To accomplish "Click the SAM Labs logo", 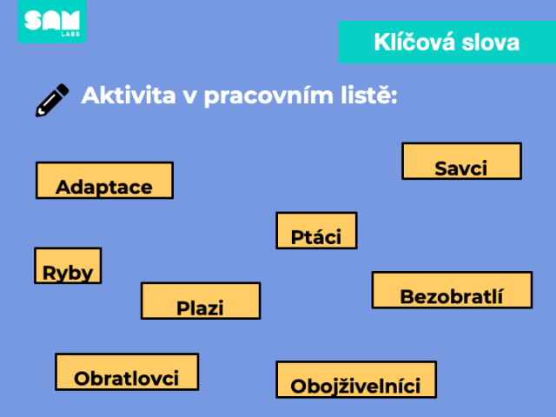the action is (x=52, y=21).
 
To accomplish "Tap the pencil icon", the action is (x=52, y=100).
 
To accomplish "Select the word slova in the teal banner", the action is (x=490, y=43).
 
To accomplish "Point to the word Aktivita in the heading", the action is (x=129, y=95).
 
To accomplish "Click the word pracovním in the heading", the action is (x=268, y=96).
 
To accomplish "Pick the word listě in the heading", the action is (x=368, y=95).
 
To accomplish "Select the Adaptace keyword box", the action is (x=104, y=180).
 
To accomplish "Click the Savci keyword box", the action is (x=461, y=161).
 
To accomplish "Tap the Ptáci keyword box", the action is (x=316, y=230).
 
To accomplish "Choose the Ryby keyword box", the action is (x=68, y=266).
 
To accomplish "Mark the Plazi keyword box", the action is (x=201, y=301).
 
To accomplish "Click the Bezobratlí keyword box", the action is (x=452, y=290).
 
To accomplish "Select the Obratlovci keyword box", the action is (x=127, y=372).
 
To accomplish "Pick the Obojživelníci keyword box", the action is (x=356, y=380).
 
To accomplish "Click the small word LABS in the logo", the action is (x=70, y=34).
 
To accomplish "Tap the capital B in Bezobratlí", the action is (x=407, y=296).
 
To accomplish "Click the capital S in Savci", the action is (x=440, y=169).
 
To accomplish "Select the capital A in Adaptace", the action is (x=63, y=188).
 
